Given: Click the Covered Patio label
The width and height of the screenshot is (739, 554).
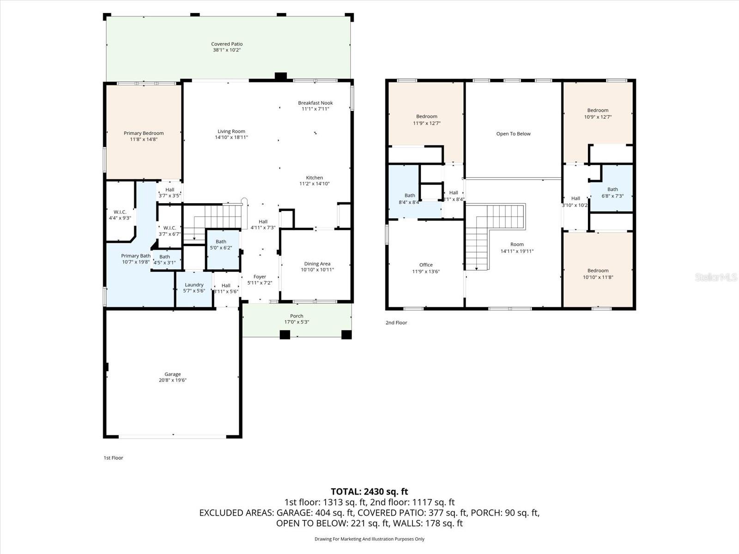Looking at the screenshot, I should pos(227,44).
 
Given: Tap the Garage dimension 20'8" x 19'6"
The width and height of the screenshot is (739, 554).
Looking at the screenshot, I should pos(173,380).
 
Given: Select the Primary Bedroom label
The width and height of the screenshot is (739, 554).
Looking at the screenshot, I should pos(144,133).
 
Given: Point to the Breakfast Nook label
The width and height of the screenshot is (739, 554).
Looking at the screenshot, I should pos(315,103).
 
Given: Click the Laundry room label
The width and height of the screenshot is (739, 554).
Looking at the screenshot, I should pos(194,285).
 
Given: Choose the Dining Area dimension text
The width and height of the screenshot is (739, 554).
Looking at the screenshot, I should pos(317,270).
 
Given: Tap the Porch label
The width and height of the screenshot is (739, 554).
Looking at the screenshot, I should pos(297,316).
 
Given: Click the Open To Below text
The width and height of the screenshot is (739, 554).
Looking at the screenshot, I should pos(513,134).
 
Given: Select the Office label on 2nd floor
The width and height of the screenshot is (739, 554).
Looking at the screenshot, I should pos(426,265).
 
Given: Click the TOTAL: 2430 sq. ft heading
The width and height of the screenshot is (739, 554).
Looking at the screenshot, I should pos(369,492).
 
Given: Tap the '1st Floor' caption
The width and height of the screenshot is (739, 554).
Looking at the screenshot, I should pos(113,458).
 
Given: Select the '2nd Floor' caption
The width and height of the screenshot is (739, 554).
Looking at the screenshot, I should pos(396,323).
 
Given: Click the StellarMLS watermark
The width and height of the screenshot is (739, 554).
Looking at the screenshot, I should pos(716,277).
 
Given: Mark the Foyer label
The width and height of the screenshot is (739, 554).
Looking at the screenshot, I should pos(260,277).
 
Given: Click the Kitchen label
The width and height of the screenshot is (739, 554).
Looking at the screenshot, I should pos(314,178).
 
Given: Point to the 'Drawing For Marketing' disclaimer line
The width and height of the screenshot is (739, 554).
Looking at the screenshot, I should pos(369,539).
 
